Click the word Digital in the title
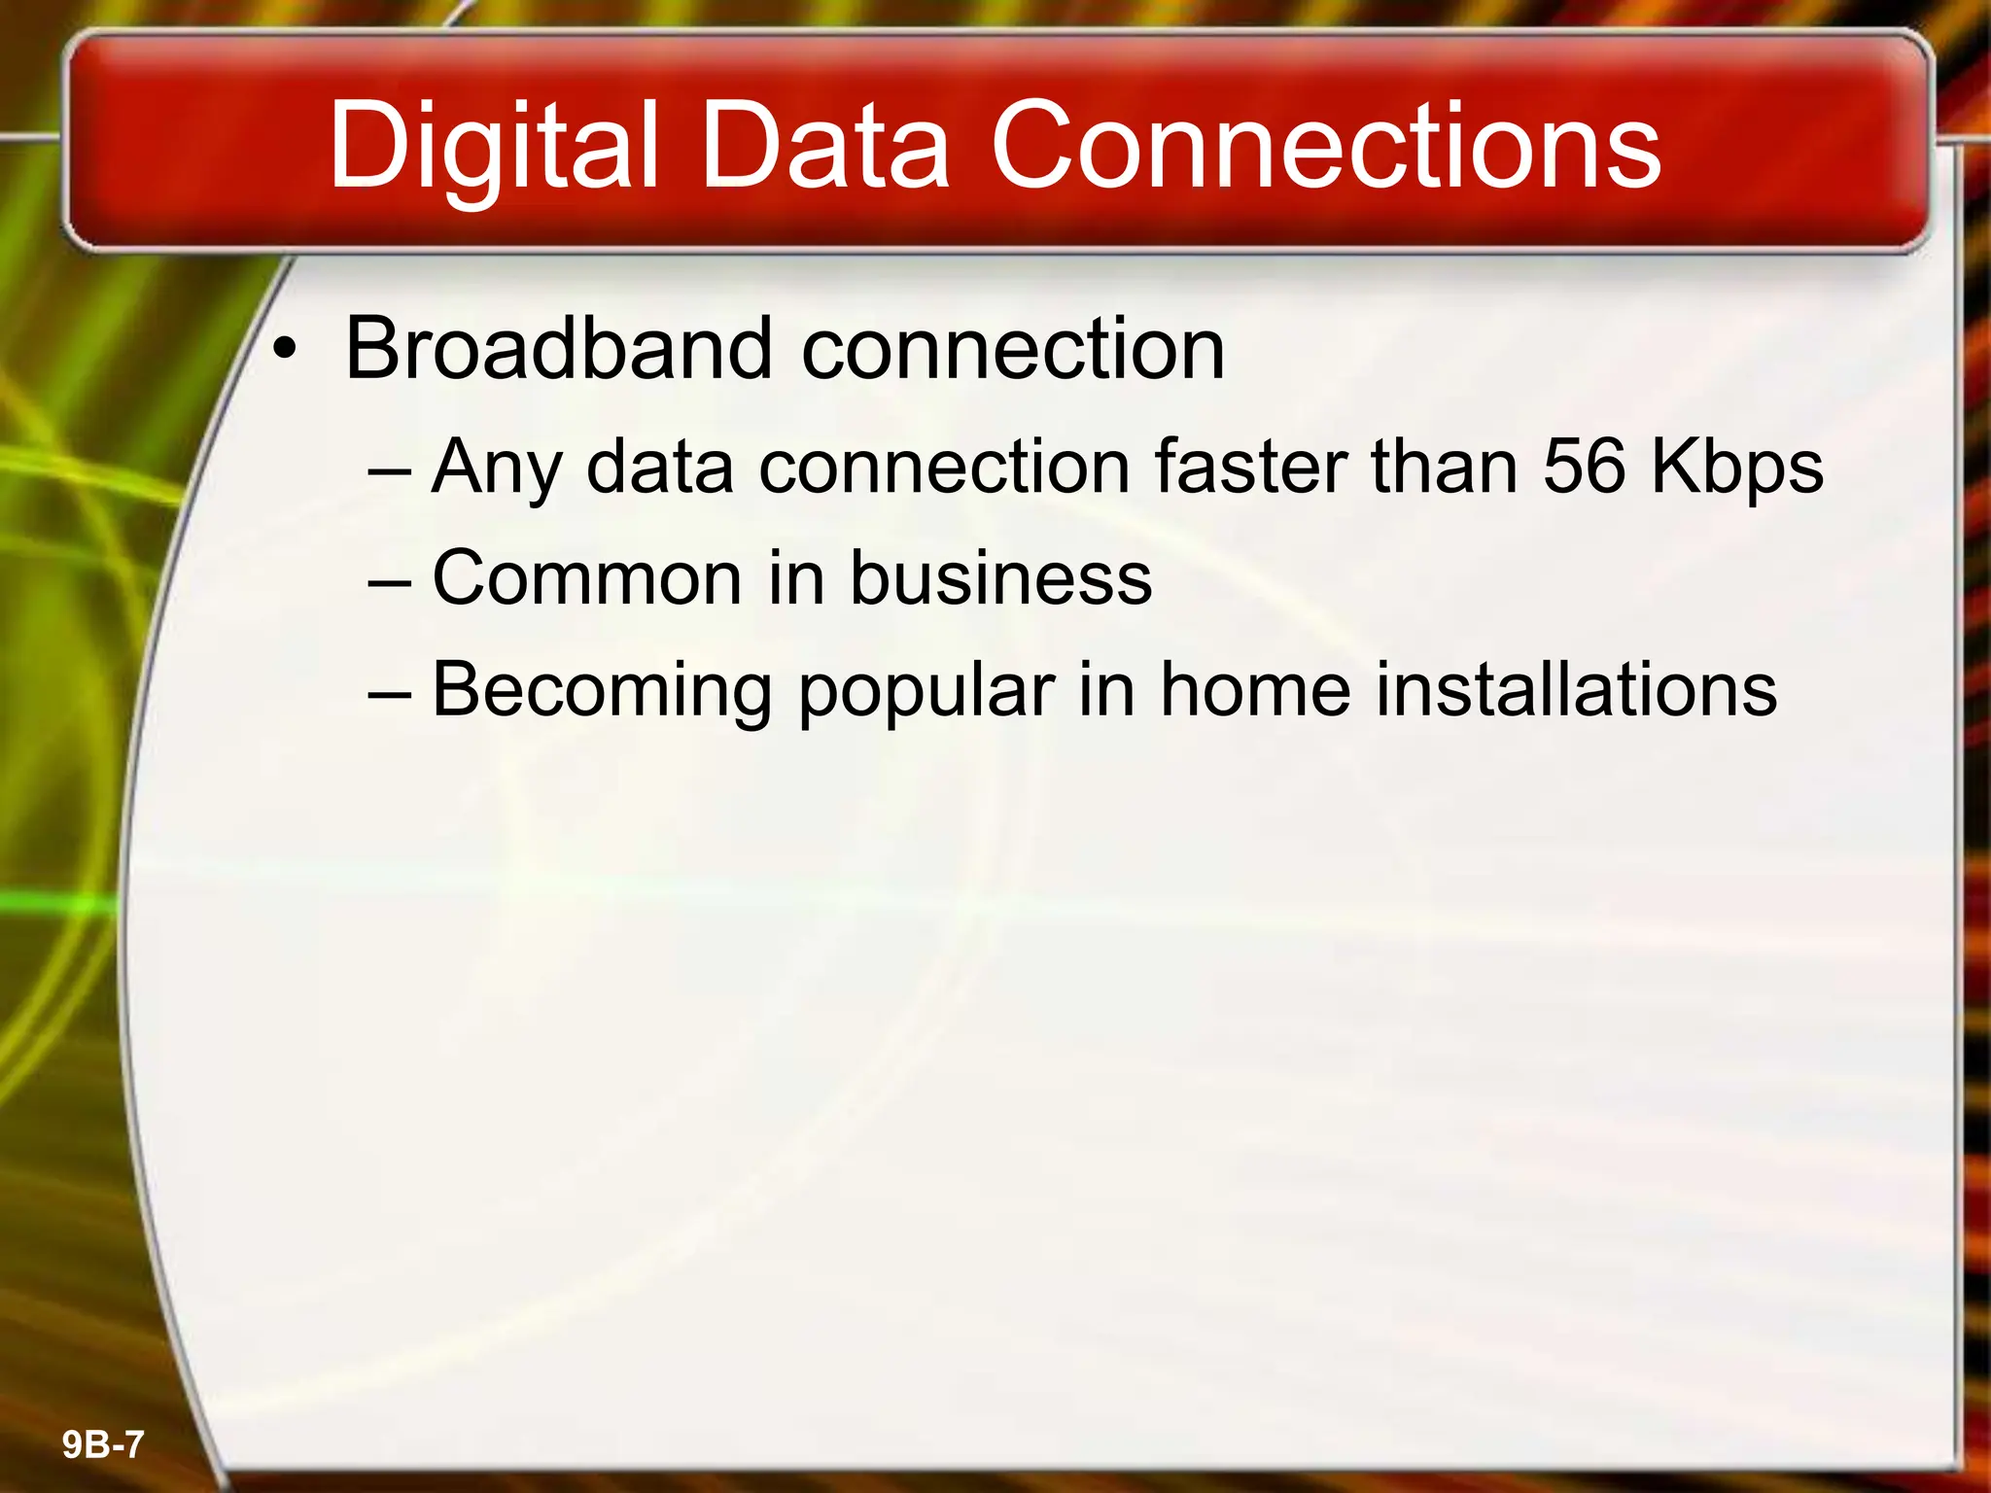click(495, 148)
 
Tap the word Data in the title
click(824, 148)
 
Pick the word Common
click(585, 578)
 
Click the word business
click(1000, 578)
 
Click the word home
click(1255, 690)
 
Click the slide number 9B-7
click(103, 1445)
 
